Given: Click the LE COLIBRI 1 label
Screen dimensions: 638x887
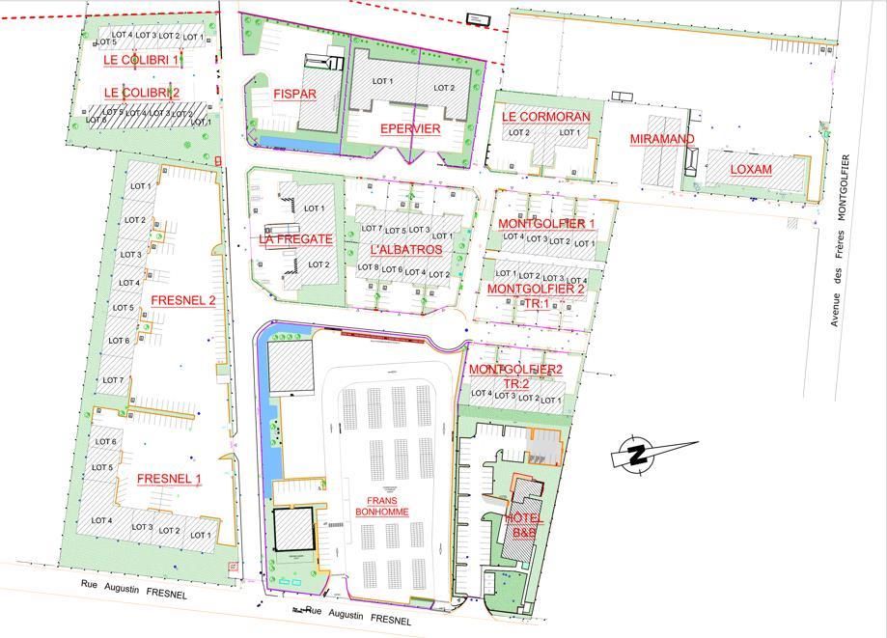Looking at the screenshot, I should click(141, 60).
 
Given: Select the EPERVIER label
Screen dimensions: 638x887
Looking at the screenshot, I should click(409, 128).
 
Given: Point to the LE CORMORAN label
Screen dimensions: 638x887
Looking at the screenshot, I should click(545, 117).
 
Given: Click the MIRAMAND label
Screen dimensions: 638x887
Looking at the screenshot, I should click(662, 139).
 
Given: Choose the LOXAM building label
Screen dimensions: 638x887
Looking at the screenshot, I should click(751, 169).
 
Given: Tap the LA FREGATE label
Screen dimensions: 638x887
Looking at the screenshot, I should click(295, 238).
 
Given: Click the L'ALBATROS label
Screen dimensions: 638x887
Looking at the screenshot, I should click(405, 250).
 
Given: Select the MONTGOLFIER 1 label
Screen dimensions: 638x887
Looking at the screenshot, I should click(546, 224).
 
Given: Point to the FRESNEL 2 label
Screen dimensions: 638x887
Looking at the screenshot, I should click(182, 300).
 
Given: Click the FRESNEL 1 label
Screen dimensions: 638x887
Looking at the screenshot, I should click(169, 479).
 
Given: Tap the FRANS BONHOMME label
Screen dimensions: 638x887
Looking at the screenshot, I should click(382, 506).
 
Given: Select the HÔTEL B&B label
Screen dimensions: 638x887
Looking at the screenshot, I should click(524, 525).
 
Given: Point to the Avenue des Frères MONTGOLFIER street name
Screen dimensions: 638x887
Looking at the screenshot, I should click(840, 240).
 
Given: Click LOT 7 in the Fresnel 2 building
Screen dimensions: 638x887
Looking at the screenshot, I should click(115, 380).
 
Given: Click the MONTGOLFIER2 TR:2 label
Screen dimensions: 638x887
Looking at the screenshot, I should click(515, 376).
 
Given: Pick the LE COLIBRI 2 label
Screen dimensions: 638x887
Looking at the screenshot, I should click(141, 93).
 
